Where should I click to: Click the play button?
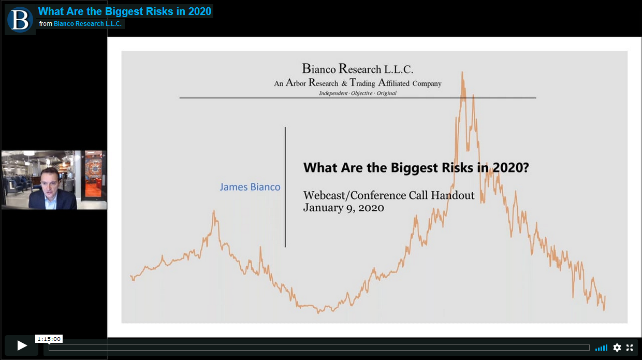(22, 345)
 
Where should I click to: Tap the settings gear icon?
(617, 348)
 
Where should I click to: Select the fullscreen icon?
(630, 348)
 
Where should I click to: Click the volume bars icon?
(601, 348)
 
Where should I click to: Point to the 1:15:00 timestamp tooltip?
(49, 339)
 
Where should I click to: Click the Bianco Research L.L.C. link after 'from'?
(87, 24)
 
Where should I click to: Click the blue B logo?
(20, 20)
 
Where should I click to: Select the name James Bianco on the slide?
(250, 187)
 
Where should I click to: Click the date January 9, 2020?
(344, 208)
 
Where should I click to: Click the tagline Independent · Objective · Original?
(358, 93)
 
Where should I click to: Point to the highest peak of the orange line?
(462, 72)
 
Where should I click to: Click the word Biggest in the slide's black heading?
(414, 168)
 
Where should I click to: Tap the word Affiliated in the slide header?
(394, 83)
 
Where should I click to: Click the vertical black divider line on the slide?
(285, 187)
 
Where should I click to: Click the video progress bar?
(319, 348)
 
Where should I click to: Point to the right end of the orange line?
(605, 297)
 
